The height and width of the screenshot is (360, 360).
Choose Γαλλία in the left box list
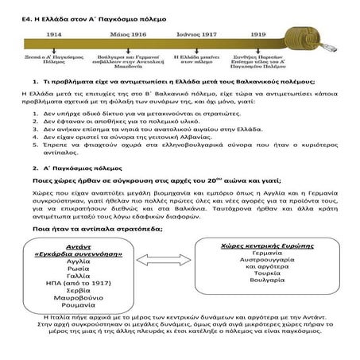78,277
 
